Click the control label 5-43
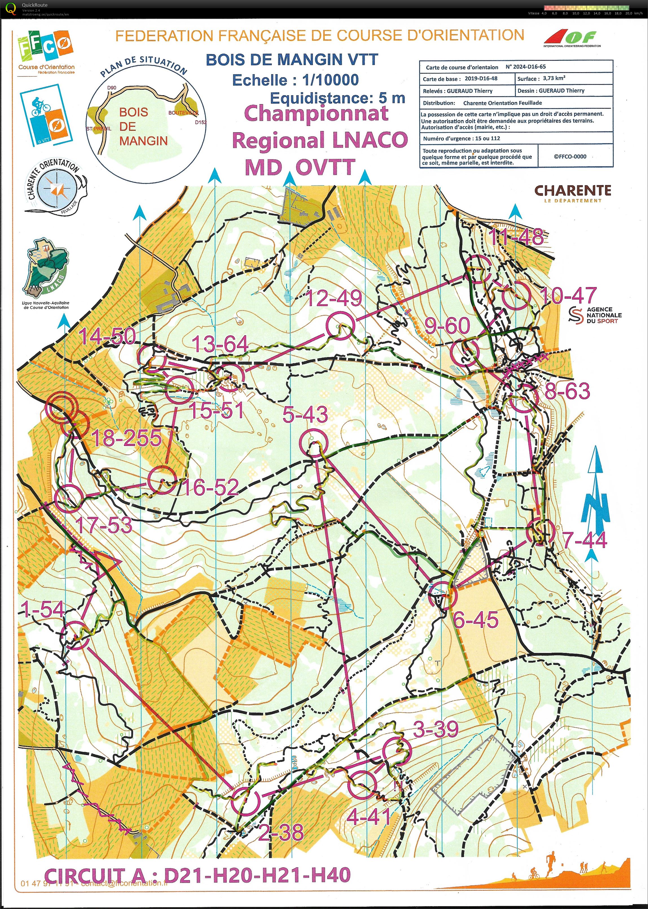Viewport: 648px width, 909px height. point(305,415)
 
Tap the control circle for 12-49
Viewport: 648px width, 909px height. point(340,325)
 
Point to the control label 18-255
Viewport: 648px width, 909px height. point(127,438)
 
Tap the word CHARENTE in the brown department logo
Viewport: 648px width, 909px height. point(573,191)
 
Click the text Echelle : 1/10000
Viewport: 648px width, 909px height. point(296,80)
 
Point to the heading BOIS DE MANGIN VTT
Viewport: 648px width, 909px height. point(292,60)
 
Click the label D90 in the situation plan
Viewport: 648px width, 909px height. point(112,88)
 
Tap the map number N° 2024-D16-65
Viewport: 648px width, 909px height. point(526,67)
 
